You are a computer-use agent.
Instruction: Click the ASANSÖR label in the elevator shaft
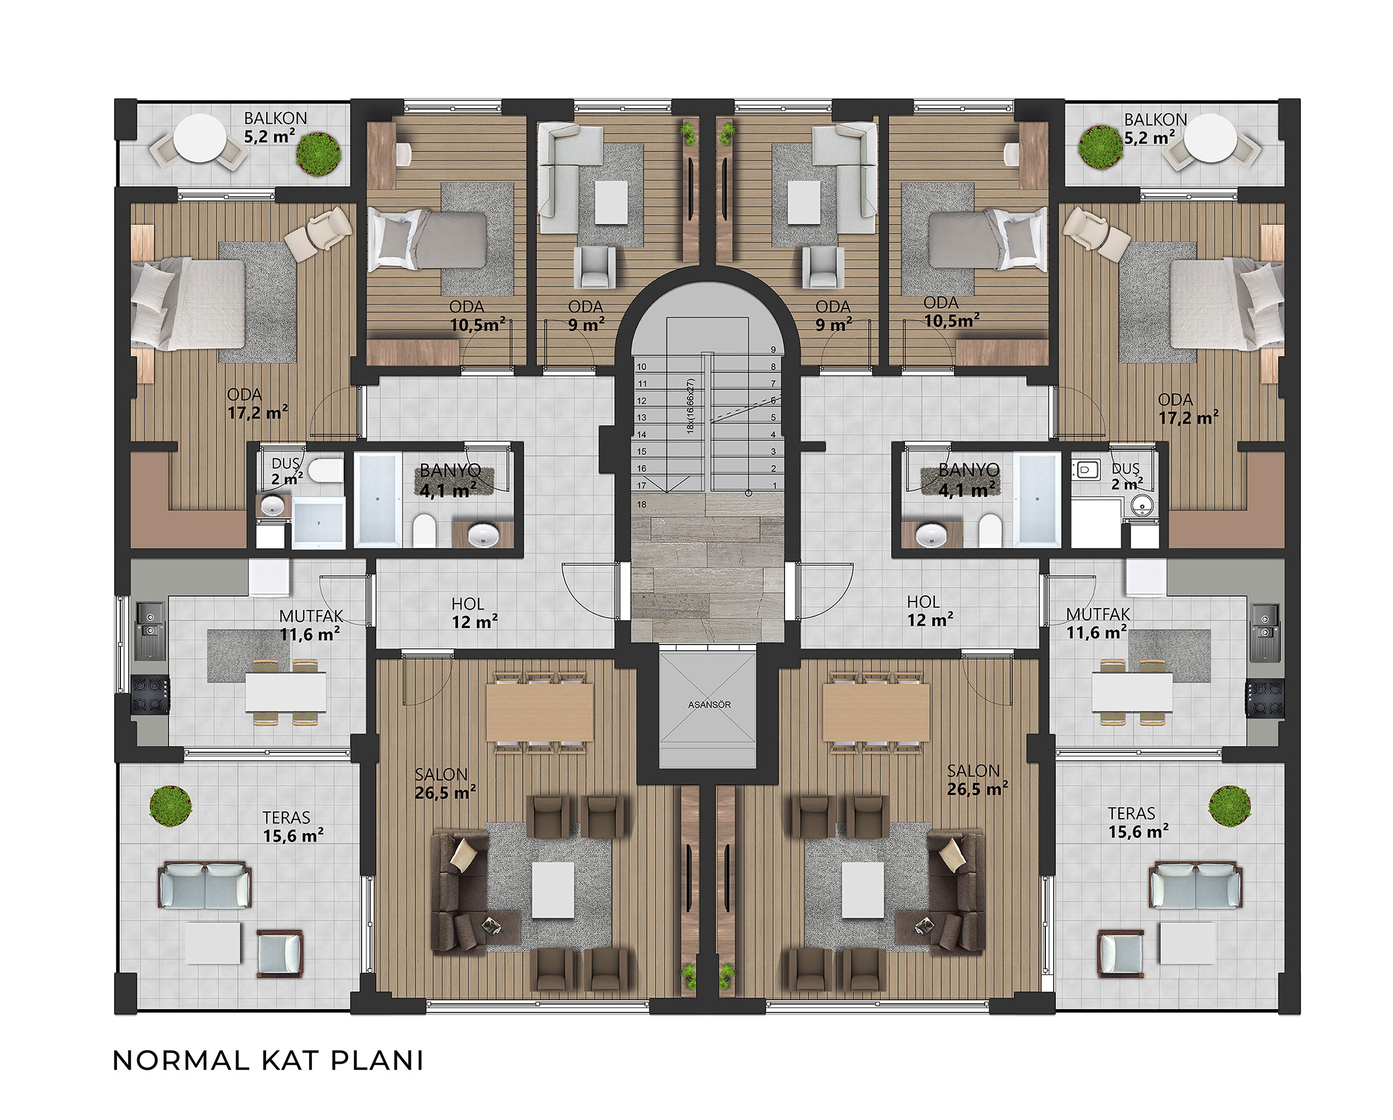709,705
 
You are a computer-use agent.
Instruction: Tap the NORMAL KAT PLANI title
268,1061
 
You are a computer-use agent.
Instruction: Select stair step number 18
641,505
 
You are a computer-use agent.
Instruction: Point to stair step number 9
773,349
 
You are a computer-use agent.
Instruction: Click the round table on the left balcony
199,138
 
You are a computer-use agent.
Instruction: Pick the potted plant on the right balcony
1100,147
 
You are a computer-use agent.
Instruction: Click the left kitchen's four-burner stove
150,695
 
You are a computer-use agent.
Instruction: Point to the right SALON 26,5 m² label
977,780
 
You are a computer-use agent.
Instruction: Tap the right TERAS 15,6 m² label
1138,822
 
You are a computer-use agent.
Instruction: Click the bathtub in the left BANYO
377,498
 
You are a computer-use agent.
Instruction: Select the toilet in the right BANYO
989,530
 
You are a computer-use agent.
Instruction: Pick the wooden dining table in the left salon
539,712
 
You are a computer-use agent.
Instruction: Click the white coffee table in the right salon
863,890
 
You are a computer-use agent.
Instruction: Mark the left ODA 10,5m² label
477,315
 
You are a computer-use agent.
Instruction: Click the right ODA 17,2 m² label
1187,409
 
